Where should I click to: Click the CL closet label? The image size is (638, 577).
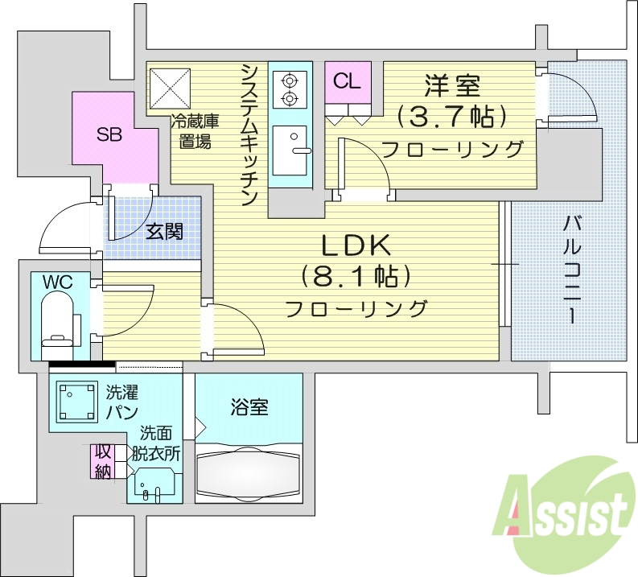[x=348, y=80]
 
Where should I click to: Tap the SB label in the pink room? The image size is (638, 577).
[x=109, y=134]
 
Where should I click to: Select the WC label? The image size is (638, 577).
[x=58, y=282]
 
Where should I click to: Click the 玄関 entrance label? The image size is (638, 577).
[x=164, y=233]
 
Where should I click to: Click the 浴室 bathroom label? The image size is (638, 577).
[x=249, y=406]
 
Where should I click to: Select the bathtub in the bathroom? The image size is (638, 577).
[x=249, y=474]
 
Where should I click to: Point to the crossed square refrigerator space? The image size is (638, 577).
[x=170, y=85]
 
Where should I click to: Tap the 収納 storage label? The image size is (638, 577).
[x=102, y=461]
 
